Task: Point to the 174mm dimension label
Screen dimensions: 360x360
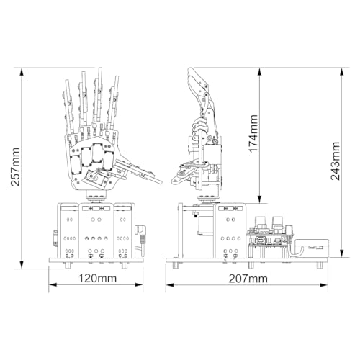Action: (x=253, y=134)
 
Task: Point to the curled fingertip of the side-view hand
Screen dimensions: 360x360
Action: (x=190, y=75)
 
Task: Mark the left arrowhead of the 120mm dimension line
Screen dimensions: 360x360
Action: (x=53, y=284)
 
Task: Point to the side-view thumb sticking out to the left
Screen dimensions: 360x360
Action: (x=181, y=174)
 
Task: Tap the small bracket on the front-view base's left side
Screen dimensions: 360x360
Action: (x=55, y=237)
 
